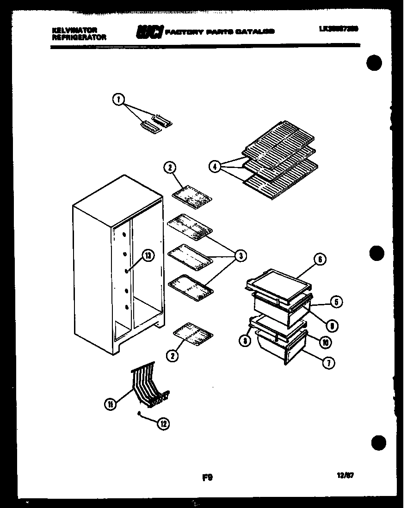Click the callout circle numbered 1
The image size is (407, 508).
click(118, 99)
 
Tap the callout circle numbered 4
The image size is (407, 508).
click(215, 167)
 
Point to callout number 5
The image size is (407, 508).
click(336, 303)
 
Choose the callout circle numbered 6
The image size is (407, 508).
click(320, 260)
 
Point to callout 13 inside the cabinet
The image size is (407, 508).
click(147, 256)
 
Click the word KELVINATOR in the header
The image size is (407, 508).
click(74, 30)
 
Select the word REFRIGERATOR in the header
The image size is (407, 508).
click(79, 37)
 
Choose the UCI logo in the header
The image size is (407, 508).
click(149, 32)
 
